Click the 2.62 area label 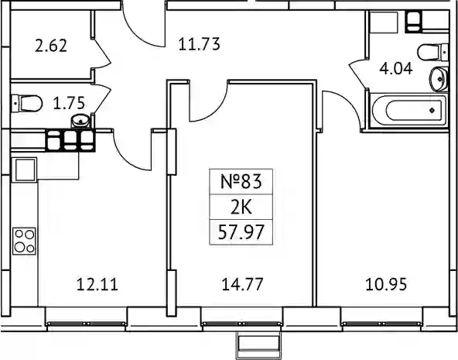tap(51, 46)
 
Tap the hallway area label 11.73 tap(199, 44)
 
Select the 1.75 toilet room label tap(69, 103)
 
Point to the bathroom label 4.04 tap(396, 68)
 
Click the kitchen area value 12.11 tap(97, 284)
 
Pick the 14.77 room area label tap(242, 284)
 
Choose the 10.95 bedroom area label tap(386, 284)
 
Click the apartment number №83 tap(241, 181)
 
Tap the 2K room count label tap(241, 207)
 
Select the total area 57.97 tap(241, 232)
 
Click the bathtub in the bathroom tap(408, 110)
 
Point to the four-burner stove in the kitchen tap(24, 241)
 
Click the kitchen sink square tap(24, 170)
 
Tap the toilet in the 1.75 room tap(26, 103)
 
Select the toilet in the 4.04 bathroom tap(433, 53)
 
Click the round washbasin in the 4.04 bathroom tap(439, 79)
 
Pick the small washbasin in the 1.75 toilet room tap(80, 121)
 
